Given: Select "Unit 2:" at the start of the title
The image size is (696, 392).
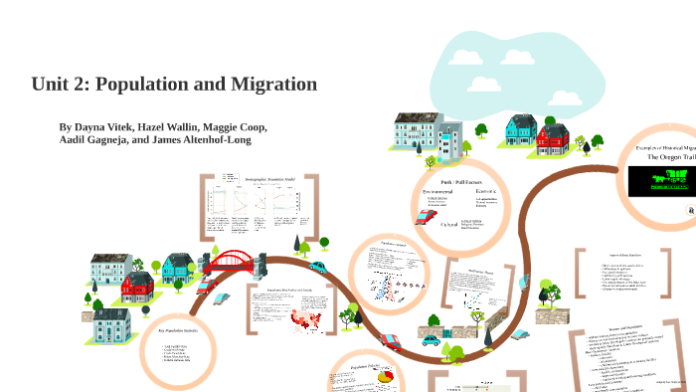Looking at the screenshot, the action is (x=63, y=85).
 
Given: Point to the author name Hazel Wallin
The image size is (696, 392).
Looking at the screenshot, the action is (x=170, y=127).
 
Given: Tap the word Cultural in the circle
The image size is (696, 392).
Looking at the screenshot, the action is (x=450, y=225).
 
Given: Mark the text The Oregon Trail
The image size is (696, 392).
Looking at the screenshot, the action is (x=668, y=157).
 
